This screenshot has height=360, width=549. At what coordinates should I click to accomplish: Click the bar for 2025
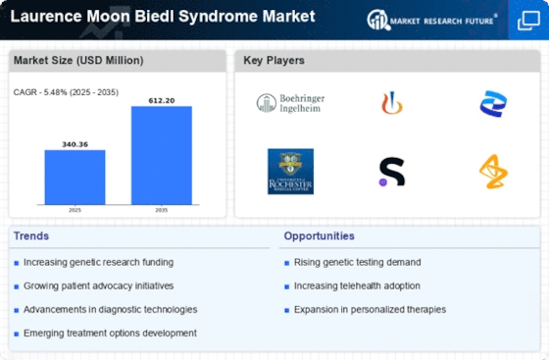(75, 177)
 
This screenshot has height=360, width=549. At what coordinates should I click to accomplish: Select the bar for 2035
(161, 155)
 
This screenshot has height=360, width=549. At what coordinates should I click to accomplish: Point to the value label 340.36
(75, 143)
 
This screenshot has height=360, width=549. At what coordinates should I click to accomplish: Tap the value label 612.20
(161, 100)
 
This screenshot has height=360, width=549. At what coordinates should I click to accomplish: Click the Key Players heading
(274, 61)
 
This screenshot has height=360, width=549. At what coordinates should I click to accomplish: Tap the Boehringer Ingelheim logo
(290, 103)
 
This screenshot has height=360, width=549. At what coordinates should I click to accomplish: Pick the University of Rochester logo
(290, 171)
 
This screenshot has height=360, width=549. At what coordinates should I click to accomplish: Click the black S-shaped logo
(391, 172)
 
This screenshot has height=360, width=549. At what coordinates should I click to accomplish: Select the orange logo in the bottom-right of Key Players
(493, 172)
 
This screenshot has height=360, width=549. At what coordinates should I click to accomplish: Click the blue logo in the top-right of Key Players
(493, 103)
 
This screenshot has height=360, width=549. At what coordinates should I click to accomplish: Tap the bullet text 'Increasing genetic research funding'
(98, 262)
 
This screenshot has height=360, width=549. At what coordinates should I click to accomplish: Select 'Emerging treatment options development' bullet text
(109, 333)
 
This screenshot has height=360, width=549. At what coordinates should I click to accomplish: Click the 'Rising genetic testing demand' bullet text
(358, 262)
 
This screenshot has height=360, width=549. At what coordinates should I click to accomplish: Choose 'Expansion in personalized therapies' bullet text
(371, 309)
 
